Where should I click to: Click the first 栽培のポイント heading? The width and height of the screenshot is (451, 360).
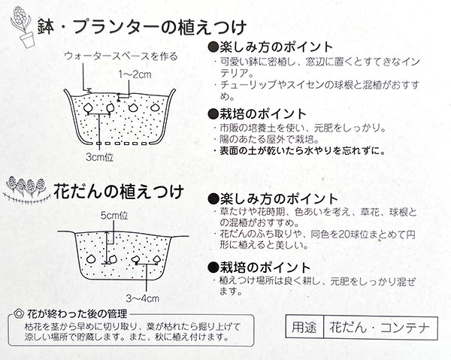259,113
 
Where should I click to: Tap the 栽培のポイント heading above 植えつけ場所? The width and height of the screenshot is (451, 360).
259,267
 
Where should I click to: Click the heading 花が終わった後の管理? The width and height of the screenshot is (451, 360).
72,313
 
